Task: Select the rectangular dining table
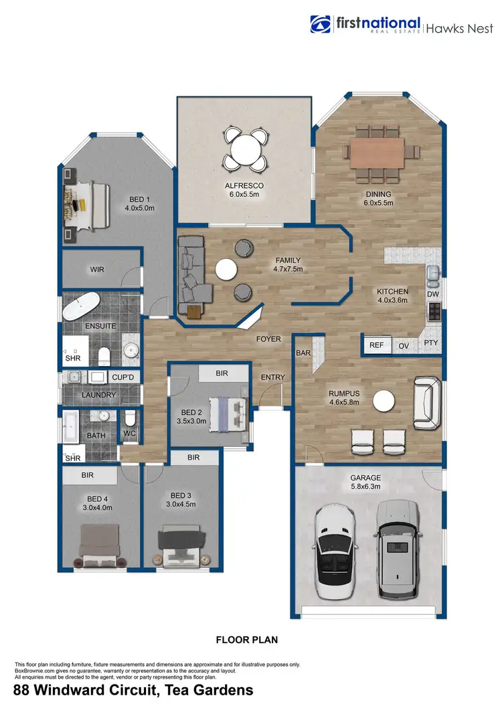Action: coord(378,153)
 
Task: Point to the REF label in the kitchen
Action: coord(377,345)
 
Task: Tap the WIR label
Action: coord(98,270)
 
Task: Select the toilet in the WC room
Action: coord(131,418)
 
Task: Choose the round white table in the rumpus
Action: coord(384,401)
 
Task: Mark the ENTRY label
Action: coord(272,377)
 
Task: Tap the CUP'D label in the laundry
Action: coord(123,377)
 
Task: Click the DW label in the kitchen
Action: coord(432,294)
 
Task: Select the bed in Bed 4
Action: coord(99,542)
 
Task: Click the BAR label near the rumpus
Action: coord(303,353)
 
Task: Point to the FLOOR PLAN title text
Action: coord(246,640)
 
